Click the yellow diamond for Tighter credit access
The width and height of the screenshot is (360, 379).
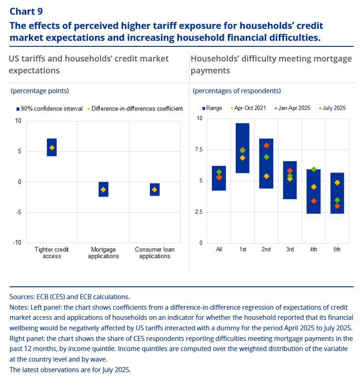coord(52,148)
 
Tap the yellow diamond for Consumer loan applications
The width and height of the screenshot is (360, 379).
coord(155,189)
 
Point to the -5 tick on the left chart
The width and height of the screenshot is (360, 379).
coord(18,212)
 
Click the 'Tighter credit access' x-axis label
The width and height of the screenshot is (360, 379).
coord(52,253)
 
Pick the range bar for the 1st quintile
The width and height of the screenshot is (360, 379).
coord(243,148)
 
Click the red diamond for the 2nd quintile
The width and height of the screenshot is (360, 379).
coord(266,145)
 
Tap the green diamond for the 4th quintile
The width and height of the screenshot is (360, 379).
coord(314,169)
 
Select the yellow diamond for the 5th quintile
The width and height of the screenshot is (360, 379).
coord(337,183)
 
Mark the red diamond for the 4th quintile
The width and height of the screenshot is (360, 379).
coord(314,201)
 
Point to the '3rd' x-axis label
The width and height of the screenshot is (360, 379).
coord(290,250)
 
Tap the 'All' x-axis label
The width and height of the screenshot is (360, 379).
coord(219,250)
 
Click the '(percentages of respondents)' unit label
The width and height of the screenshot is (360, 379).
coord(237,91)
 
